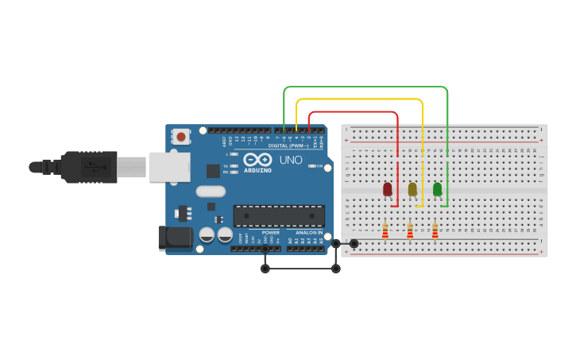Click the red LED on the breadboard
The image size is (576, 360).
point(388,189)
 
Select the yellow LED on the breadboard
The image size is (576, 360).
point(412,189)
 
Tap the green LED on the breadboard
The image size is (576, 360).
point(437,189)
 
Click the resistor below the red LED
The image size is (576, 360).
point(385,231)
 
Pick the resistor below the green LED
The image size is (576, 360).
point(435,231)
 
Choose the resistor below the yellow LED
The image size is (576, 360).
point(410,231)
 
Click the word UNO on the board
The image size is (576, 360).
point(290,160)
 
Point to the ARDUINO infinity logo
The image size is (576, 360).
point(258,159)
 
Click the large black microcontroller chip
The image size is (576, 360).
point(278,215)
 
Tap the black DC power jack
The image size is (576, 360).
point(174,237)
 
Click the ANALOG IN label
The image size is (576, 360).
point(309,233)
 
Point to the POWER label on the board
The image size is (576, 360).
point(271,233)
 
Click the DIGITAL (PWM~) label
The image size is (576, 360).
point(288,145)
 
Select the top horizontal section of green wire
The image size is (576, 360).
point(365,87)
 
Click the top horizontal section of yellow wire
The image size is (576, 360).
point(358,99)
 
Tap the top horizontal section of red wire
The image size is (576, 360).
point(354,112)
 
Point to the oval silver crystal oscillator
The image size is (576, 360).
point(211,191)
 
